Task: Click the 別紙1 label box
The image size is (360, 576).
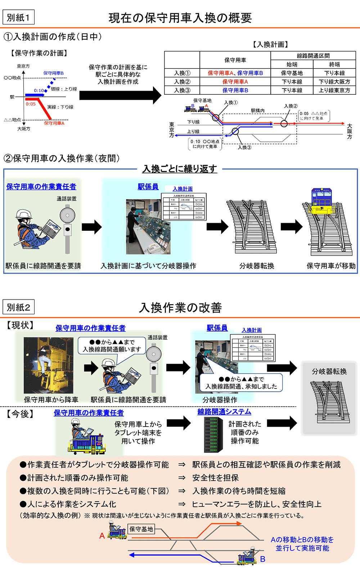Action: point(18,17)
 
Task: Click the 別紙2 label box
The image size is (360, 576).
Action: point(18,307)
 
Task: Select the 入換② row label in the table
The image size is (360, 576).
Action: point(182,82)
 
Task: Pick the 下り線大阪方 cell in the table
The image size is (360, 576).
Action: point(334,82)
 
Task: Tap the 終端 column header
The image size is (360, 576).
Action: point(334,64)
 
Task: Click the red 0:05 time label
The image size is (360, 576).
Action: point(31,104)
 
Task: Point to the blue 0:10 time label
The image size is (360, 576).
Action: point(39,90)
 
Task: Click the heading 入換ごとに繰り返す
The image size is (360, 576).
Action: point(180,169)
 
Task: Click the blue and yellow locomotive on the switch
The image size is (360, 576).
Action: point(322,202)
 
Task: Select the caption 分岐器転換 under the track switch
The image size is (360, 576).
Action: point(257,266)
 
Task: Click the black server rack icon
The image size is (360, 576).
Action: point(212,435)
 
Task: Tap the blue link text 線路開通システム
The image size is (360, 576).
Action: point(224,412)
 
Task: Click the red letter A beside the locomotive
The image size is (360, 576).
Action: point(102,536)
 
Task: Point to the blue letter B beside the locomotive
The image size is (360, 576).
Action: point(263,559)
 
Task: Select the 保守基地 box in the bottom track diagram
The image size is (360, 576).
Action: point(141,529)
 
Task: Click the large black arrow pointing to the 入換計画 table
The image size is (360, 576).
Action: point(120,95)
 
